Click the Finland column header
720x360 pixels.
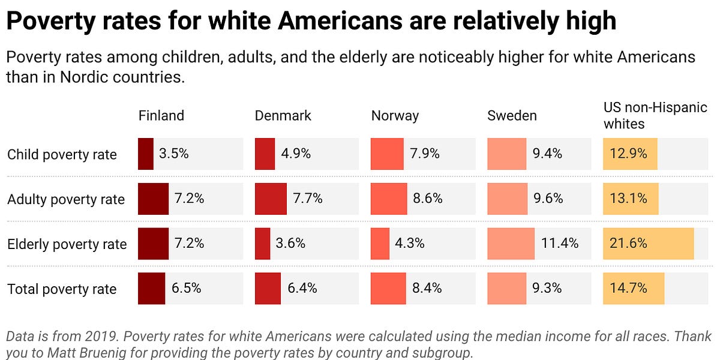[x=161, y=116]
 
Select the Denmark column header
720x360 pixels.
[x=283, y=116]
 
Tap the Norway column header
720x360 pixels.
[x=395, y=116]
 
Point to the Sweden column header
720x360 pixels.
[x=512, y=116]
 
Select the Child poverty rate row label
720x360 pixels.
[x=62, y=154]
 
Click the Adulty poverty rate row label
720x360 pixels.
[x=66, y=199]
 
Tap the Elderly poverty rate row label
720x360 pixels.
[x=67, y=244]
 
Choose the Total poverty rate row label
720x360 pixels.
[x=62, y=289]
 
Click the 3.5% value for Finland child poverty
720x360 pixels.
[x=173, y=154]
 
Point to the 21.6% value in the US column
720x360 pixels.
[x=628, y=244]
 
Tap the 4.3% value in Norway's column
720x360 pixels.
[x=410, y=244]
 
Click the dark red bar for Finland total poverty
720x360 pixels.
[x=151, y=289]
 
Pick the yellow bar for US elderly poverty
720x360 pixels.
[x=648, y=244]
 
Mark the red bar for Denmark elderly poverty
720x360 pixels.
[x=262, y=244]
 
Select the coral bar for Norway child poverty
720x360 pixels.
[x=388, y=154]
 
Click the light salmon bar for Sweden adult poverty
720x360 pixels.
[x=508, y=199]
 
